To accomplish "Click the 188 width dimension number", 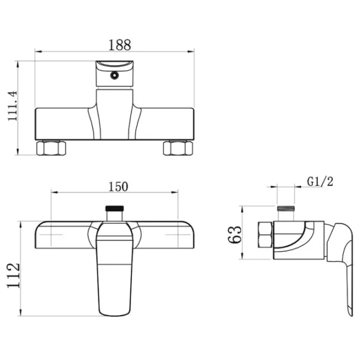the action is coord(119,45).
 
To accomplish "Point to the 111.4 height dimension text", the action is coord(13,106).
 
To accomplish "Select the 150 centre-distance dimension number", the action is coord(118,187).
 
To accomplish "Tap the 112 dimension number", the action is coord(13,275).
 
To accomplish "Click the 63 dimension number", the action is coord(235,235).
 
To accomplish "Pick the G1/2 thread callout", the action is coord(320,182).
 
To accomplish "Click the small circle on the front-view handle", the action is coord(114,75).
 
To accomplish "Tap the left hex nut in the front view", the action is coord(51,148).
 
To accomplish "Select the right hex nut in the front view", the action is coord(178,148).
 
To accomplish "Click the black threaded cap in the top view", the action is coord(115,208).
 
